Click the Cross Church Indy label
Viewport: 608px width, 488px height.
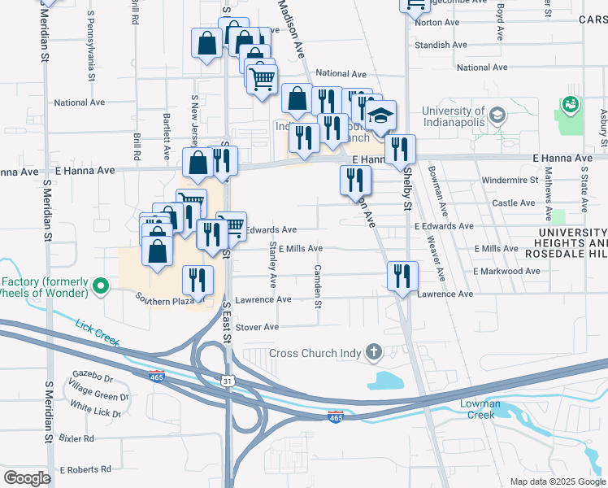(315, 353)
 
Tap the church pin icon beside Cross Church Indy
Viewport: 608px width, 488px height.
(373, 352)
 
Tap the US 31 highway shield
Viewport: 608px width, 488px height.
(228, 380)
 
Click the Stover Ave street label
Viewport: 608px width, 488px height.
(257, 327)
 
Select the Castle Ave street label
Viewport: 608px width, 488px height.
(514, 203)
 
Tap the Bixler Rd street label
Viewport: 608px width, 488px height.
(76, 438)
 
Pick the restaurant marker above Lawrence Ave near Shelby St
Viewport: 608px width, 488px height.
(402, 277)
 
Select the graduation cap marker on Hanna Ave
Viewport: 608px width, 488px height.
(380, 115)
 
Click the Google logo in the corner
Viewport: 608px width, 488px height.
(27, 478)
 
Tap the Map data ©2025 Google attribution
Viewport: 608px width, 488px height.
(558, 481)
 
